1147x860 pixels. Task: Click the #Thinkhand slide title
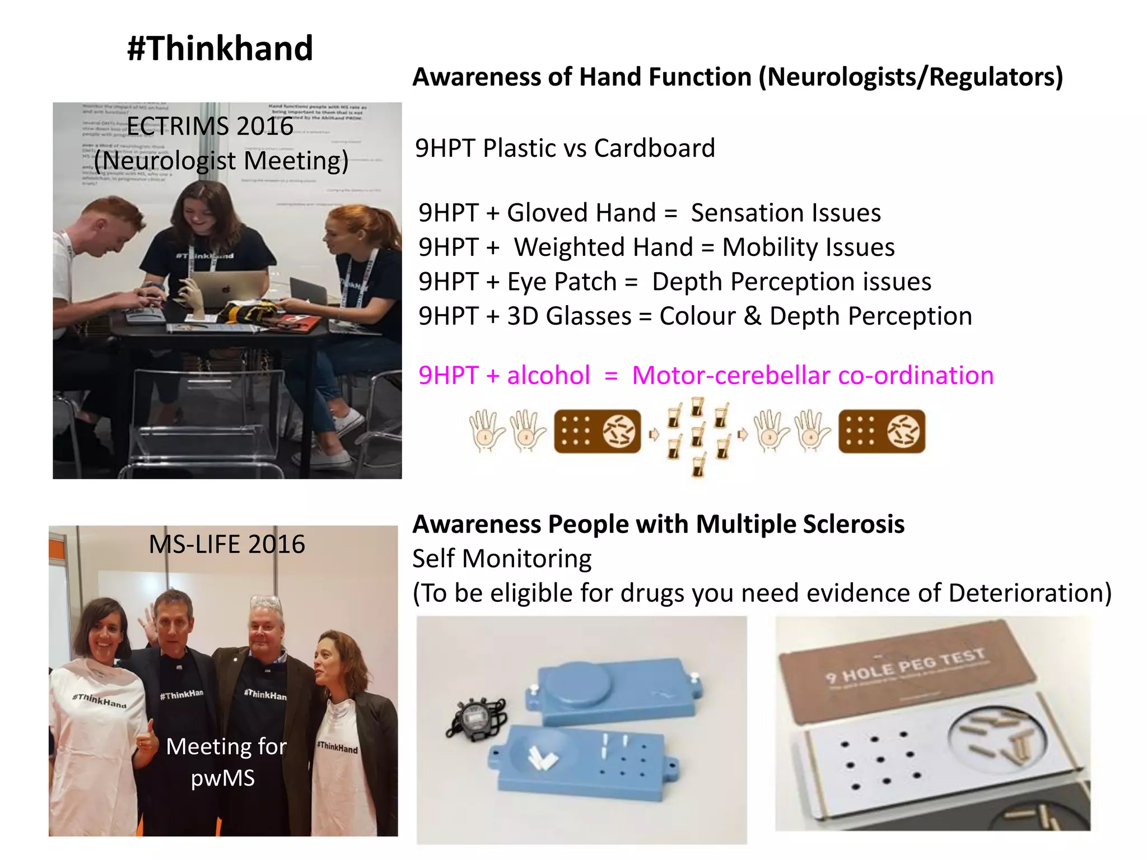point(220,48)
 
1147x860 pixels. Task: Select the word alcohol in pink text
point(548,375)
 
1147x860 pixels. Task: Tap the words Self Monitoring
point(502,559)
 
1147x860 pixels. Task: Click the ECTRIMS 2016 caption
point(210,127)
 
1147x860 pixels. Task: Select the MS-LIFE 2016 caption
point(227,544)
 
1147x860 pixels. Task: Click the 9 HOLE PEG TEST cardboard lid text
point(904,666)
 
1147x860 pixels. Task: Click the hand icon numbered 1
point(485,431)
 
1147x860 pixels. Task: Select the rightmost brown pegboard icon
point(882,431)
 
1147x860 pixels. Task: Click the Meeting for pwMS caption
point(225,762)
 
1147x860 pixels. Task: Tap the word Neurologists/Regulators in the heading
point(910,77)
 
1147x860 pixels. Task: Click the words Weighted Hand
point(603,247)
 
